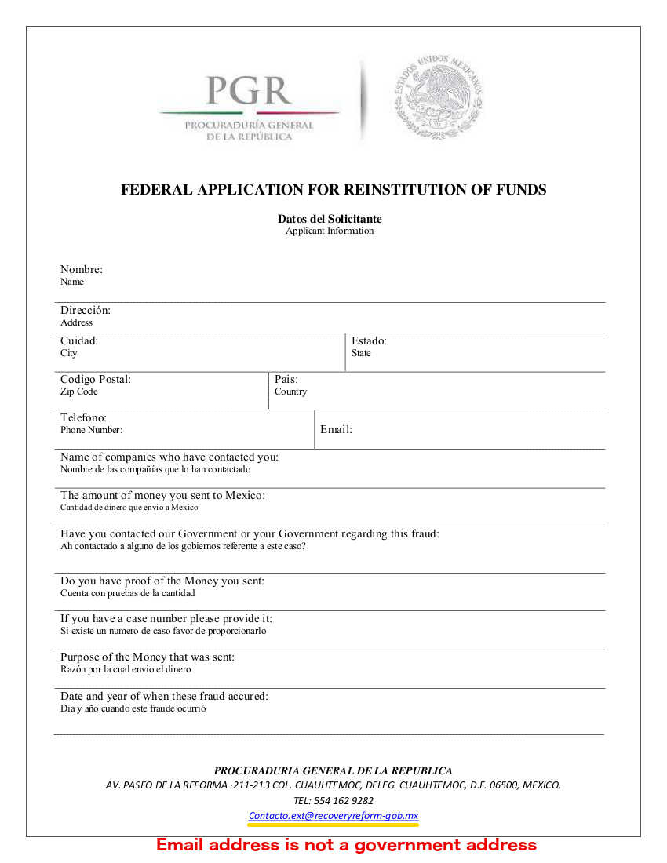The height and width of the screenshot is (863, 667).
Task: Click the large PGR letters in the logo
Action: pos(248,91)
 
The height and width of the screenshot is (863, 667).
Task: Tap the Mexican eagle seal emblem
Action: pos(438,97)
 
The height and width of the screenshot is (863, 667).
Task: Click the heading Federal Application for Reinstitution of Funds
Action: pos(333,190)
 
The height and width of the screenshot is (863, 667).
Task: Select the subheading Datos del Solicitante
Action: pos(330,219)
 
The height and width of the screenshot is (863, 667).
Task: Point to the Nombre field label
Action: pos(81,270)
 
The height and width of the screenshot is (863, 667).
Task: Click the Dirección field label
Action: pos(85,310)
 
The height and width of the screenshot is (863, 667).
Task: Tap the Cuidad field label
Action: pos(78,340)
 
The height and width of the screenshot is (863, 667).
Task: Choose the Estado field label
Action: pos(369,340)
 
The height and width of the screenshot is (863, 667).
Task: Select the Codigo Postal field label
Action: pos(95,379)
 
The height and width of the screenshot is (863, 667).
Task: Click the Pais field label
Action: pos(286,379)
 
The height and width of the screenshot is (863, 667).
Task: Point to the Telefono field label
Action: pos(83,417)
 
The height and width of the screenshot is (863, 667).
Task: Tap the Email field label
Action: pos(336,429)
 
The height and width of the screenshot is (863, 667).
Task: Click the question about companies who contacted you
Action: pos(169,457)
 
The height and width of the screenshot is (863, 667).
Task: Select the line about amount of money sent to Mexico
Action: pos(162,495)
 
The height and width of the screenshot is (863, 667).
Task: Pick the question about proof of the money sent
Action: pos(162,581)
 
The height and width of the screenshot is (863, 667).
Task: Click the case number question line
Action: pos(166,618)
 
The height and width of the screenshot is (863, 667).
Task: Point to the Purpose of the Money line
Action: pos(147,657)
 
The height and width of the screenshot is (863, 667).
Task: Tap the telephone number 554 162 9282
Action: pos(333,801)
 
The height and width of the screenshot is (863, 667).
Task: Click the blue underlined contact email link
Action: pos(333,816)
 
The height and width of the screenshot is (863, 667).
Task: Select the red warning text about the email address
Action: pos(346,845)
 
